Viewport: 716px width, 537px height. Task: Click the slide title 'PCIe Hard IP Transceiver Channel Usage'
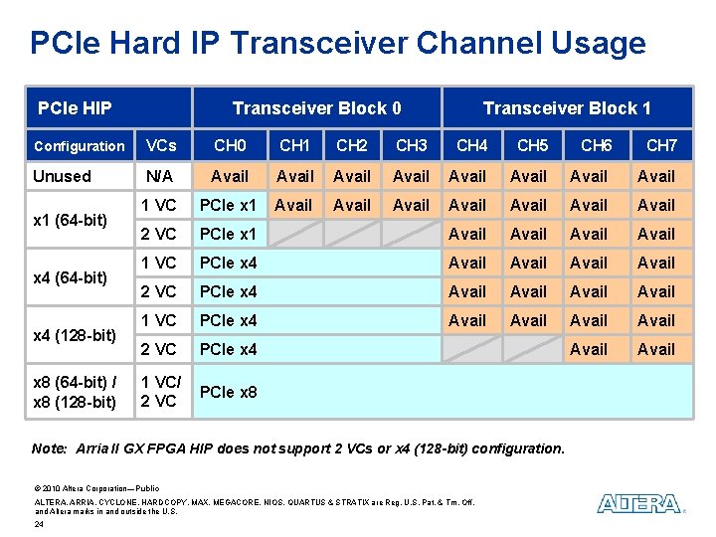(x=338, y=43)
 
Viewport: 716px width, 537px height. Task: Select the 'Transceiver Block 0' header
(x=316, y=107)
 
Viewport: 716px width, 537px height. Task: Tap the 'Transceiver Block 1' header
(x=566, y=107)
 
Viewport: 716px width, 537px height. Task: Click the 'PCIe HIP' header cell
(x=75, y=107)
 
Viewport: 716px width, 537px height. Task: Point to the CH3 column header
(x=411, y=146)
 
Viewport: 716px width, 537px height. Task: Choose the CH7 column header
(x=660, y=146)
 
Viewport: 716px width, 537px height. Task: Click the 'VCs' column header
(x=160, y=146)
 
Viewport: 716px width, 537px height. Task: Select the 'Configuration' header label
(x=80, y=146)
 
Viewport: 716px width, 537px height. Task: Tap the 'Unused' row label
(x=62, y=176)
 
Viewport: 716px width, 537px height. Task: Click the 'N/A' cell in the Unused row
(x=160, y=176)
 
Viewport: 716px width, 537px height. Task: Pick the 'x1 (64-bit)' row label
(x=71, y=220)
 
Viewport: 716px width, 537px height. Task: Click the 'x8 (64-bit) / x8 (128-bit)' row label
(x=75, y=392)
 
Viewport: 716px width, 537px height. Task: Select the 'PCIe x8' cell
(x=228, y=392)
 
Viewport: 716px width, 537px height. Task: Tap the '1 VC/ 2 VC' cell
(x=160, y=392)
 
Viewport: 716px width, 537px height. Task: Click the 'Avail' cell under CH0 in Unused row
(x=230, y=176)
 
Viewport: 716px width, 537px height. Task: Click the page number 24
(x=39, y=524)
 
